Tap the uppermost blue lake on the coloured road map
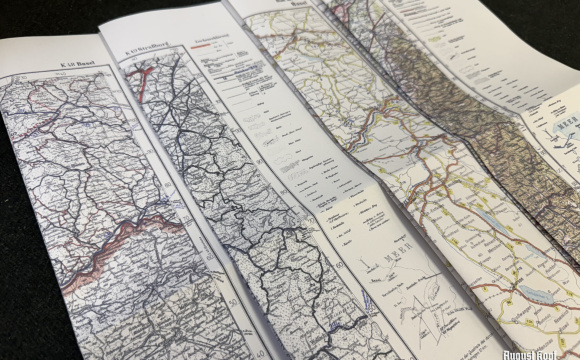(486, 214)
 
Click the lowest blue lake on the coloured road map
(529, 291)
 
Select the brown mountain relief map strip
(440, 90)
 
